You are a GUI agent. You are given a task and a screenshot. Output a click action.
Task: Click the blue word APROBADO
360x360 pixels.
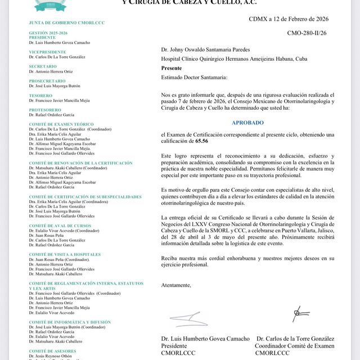pos(247,122)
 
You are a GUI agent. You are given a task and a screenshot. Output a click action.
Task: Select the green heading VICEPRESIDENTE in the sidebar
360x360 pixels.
pos(51,52)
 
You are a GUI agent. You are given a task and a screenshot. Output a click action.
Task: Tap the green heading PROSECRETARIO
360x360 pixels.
pos(51,80)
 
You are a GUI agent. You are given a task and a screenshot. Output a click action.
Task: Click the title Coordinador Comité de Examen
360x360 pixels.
pos(295,346)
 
